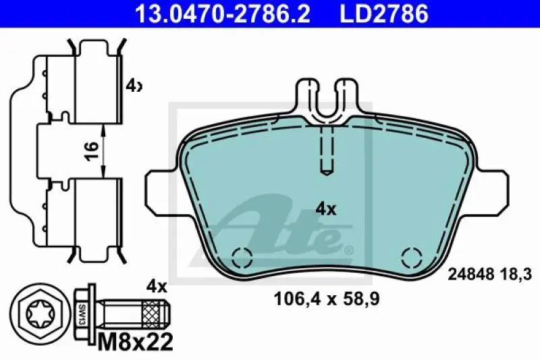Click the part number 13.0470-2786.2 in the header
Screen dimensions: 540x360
223,14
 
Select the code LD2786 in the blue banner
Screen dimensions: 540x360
384,14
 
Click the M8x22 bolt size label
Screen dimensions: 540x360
136,342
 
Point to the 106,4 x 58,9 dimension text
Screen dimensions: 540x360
327,299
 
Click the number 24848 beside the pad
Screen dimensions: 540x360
471,275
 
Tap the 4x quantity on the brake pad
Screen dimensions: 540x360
326,209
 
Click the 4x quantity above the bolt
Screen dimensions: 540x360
157,286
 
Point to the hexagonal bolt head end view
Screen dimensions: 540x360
37,314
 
